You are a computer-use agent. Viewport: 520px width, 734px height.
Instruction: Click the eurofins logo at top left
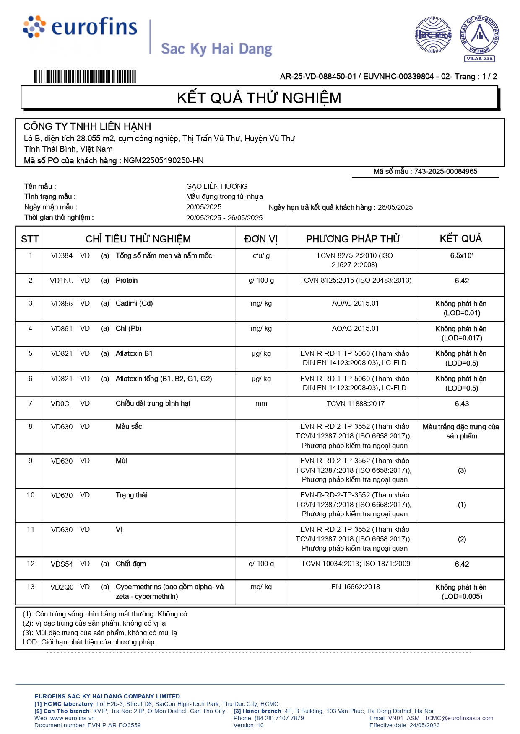pos(80,27)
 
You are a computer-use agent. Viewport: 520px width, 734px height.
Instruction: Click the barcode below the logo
pos(85,77)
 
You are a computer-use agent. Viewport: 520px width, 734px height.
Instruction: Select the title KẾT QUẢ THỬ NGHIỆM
pos(259,98)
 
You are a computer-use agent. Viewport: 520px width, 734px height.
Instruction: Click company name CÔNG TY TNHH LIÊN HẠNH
pos(87,126)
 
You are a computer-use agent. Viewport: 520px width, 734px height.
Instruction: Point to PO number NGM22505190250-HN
pos(163,161)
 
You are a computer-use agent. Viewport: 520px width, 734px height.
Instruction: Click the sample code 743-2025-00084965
pos(445,171)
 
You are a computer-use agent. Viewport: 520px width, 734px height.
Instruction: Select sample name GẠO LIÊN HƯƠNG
pos(217,186)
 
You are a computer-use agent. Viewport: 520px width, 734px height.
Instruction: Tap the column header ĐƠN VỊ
pos(261,239)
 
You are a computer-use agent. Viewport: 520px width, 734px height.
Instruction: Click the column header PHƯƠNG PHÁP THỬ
pos(353,239)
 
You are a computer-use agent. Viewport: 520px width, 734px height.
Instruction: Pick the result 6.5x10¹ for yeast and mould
pos(461,256)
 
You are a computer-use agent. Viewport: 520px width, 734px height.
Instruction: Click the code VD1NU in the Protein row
pos(62,281)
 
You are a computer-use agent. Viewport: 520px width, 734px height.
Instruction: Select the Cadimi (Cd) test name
pos(134,304)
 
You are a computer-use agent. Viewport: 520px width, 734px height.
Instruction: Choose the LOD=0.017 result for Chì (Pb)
pos(461,338)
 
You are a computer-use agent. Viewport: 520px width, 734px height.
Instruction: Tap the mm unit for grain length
pos(261,404)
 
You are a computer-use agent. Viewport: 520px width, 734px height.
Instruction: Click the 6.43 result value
pos(461,404)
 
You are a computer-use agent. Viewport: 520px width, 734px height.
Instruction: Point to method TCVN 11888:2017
pos(355,404)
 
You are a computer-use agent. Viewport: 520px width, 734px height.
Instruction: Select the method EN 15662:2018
pos(355,587)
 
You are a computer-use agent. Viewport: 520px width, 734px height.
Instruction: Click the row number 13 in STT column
pos(31,587)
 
